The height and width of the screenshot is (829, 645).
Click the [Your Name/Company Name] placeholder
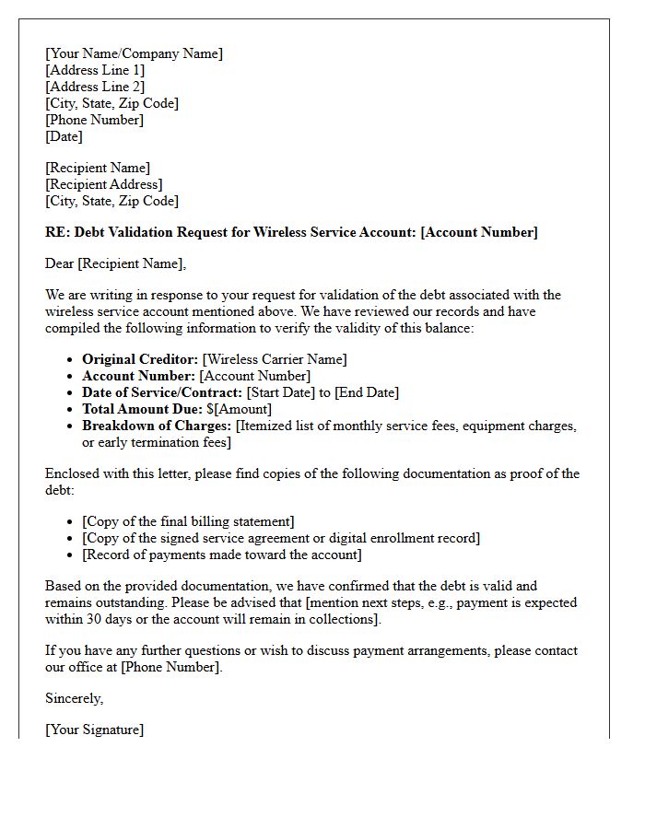tap(134, 53)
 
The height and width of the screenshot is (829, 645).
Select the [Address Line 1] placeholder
tap(95, 70)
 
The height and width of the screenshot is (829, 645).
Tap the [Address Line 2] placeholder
tap(95, 87)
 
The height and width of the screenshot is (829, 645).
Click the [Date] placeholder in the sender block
tap(64, 136)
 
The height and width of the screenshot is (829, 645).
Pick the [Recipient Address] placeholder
tap(104, 184)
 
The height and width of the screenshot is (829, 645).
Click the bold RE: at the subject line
tap(57, 232)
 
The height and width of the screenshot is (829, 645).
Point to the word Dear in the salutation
tap(60, 263)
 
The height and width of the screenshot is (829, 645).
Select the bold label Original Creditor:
tap(140, 359)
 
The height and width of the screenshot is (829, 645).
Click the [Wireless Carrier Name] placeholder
tap(275, 359)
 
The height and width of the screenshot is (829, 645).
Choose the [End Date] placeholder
tap(367, 392)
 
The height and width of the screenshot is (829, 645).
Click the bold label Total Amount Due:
tap(142, 409)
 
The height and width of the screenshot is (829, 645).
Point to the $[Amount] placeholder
tap(240, 409)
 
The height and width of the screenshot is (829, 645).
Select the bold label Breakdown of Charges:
tap(157, 426)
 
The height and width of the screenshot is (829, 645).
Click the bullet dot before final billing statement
tap(71, 522)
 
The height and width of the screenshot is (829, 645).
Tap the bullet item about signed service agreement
tap(281, 538)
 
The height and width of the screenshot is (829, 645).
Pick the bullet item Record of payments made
tap(222, 555)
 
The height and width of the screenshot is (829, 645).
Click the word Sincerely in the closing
tap(74, 698)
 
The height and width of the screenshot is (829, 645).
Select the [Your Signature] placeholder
tap(94, 730)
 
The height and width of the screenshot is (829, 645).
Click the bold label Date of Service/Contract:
tap(162, 392)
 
